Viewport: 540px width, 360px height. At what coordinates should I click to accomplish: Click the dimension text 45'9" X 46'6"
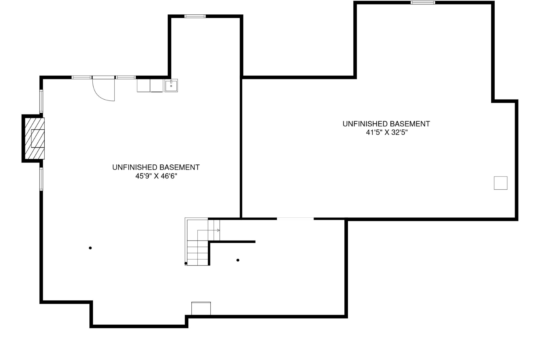coord(156,176)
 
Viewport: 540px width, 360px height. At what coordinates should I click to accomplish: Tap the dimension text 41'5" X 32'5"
coord(387,132)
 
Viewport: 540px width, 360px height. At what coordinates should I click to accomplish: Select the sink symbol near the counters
coord(171,85)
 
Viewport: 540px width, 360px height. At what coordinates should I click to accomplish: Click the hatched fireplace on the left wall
coord(34,138)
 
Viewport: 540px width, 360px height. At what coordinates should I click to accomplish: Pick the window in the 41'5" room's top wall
coord(423,3)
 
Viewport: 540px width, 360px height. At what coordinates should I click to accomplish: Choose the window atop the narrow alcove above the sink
coord(195,16)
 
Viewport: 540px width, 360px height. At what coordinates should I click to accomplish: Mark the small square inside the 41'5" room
coord(500,183)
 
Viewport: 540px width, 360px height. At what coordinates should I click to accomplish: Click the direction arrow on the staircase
coord(218,230)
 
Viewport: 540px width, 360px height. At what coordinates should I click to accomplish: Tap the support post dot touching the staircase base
coord(186,263)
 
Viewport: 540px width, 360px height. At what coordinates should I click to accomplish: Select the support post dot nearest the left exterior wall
coord(90,248)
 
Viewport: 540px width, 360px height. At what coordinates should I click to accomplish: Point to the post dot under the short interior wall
coord(238,260)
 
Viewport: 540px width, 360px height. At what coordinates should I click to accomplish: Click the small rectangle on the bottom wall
coord(201,308)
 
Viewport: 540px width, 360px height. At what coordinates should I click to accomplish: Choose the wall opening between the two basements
coord(295,219)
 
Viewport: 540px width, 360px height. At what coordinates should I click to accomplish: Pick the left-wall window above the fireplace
coord(41,101)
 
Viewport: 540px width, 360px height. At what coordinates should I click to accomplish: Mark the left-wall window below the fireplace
coord(41,179)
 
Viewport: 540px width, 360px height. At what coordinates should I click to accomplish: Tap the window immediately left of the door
coord(81,77)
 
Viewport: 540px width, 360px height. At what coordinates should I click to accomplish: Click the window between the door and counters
coord(126,77)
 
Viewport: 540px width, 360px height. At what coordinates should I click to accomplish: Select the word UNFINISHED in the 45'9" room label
coord(135,167)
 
